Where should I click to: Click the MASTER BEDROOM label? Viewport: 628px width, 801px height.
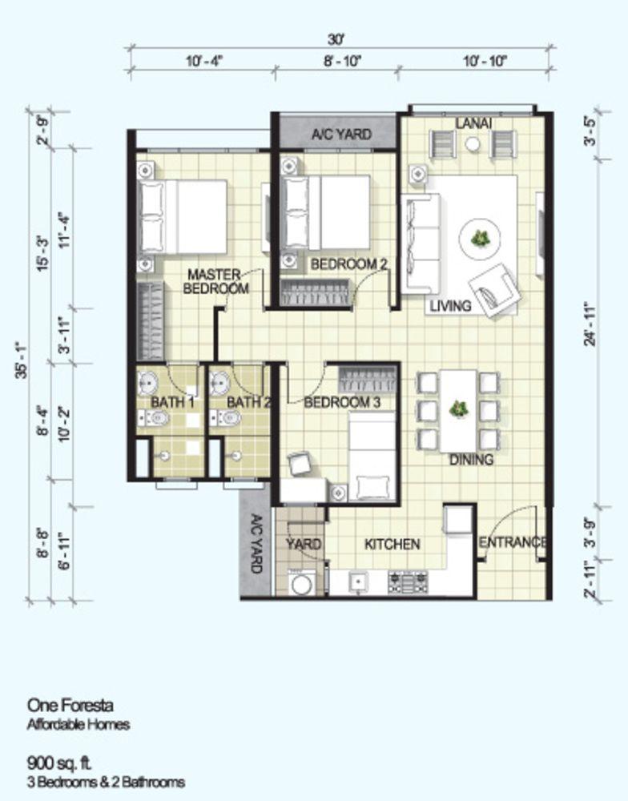[x=215, y=281]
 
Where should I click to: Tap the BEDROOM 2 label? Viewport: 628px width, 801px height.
[x=349, y=264]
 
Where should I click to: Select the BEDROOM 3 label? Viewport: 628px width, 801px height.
[x=342, y=403]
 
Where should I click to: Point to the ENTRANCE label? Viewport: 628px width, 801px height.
[x=513, y=542]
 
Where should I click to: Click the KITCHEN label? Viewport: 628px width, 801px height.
[x=392, y=545]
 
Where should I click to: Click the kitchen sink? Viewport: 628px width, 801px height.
[x=359, y=582]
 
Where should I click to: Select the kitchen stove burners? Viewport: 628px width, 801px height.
[x=408, y=582]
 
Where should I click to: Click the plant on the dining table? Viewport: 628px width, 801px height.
[x=458, y=409]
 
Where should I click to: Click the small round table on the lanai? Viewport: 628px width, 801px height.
[x=473, y=144]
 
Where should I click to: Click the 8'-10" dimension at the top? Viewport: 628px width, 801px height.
[x=342, y=62]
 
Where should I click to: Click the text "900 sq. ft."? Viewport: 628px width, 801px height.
[x=59, y=763]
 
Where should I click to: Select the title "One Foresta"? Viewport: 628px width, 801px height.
[x=70, y=706]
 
